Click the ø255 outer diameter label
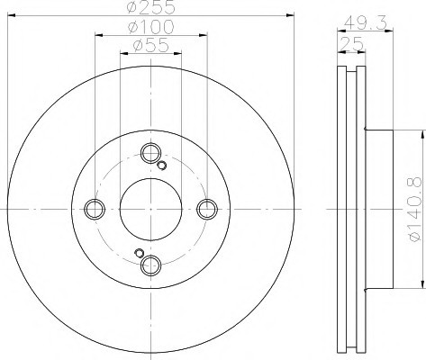[x=150, y=7]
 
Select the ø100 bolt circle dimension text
[x=150, y=27]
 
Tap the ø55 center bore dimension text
[x=151, y=46]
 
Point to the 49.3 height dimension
[x=365, y=22]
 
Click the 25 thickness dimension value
[x=351, y=45]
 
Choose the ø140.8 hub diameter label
[x=414, y=209]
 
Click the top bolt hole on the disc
[x=150, y=153]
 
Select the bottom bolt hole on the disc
[x=150, y=265]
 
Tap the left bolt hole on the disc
[x=95, y=209]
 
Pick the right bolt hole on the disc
[x=207, y=209]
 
